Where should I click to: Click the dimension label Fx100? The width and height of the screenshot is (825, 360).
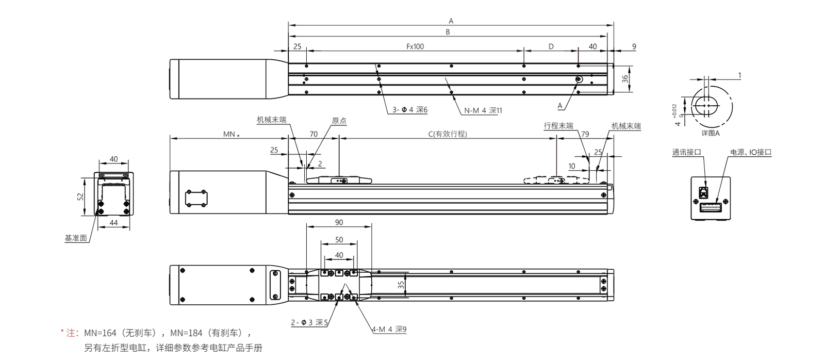[x=415, y=46]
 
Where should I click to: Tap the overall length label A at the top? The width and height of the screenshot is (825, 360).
[x=451, y=21]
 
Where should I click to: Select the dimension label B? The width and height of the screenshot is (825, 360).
[x=448, y=32]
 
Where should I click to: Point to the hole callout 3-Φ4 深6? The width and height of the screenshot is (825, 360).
[x=410, y=110]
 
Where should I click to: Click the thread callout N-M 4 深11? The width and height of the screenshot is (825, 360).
[x=483, y=110]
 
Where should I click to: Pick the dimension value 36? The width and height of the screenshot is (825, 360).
[x=625, y=78]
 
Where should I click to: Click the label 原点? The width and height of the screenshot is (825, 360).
[x=339, y=121]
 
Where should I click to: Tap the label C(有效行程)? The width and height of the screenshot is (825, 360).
[x=448, y=134]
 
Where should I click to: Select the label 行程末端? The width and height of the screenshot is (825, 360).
[x=558, y=126]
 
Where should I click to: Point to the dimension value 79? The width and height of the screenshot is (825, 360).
[x=585, y=134]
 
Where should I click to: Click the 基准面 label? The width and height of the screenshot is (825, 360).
[x=76, y=238]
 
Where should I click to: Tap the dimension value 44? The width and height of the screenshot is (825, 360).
[x=114, y=223]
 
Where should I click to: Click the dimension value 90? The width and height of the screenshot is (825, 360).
[x=338, y=223]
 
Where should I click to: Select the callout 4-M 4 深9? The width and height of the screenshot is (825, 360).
[x=389, y=329]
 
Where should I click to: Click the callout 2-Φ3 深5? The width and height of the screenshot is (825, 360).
[x=309, y=323]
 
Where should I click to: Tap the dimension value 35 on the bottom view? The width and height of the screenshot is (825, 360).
[x=401, y=284]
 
